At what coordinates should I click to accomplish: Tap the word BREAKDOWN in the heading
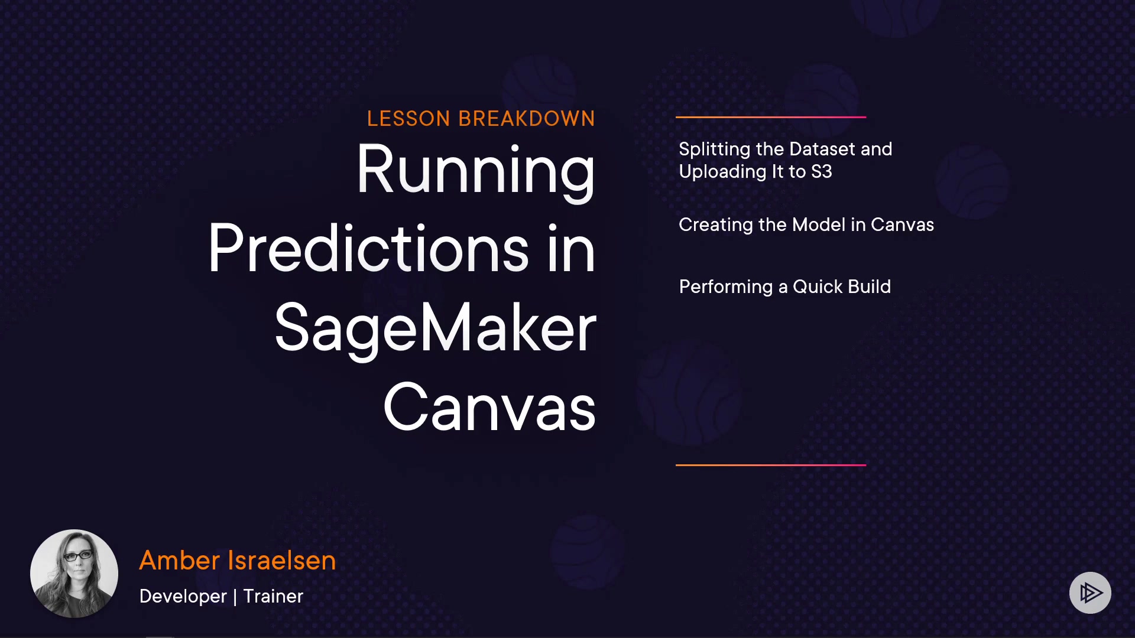point(527,119)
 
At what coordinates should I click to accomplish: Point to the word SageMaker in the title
point(436,328)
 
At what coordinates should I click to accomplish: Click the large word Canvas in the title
point(489,407)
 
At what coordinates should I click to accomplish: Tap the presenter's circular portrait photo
point(74,574)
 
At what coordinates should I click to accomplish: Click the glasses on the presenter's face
point(77,555)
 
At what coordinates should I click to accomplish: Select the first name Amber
point(180,560)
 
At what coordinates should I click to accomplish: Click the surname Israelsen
point(283,560)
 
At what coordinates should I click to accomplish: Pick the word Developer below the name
point(183,597)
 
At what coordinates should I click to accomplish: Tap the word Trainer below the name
point(273,596)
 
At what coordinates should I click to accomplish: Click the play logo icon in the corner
point(1090,593)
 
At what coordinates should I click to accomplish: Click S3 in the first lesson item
point(822,172)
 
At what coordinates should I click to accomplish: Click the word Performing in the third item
point(726,287)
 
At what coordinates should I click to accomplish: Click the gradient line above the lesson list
point(771,117)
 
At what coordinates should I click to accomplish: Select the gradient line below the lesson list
point(771,465)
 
